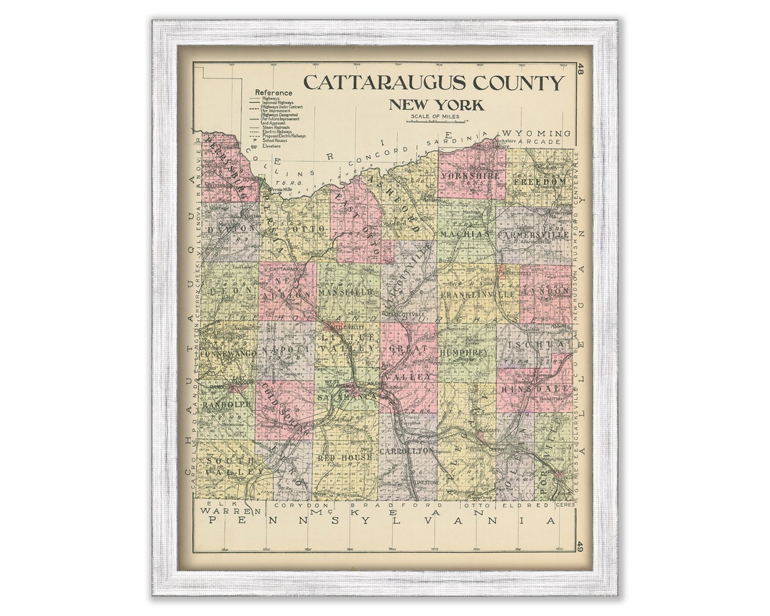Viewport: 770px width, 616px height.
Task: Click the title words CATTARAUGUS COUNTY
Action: point(433,83)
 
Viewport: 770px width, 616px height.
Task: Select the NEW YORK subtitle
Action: point(436,106)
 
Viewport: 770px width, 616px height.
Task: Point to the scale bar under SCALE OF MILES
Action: point(434,122)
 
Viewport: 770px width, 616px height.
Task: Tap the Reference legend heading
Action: point(274,93)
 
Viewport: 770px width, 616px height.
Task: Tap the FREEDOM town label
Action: point(539,181)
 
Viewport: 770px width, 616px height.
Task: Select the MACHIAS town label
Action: point(465,234)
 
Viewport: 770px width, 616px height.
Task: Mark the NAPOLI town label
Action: point(284,351)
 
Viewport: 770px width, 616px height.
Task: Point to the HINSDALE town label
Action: point(545,389)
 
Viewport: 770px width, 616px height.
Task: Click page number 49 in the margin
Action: point(580,547)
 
